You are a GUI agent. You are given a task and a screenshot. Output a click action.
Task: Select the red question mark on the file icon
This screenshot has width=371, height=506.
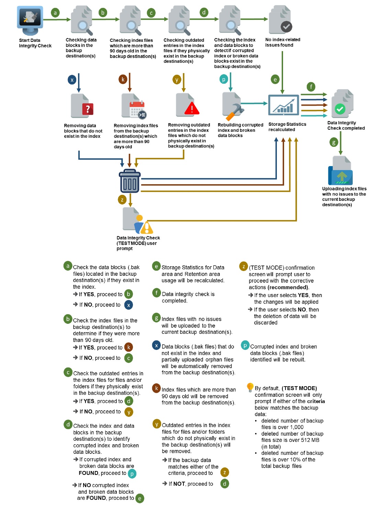coord(88,109)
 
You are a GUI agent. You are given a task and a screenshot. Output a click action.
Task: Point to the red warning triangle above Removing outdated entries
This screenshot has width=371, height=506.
coord(192,108)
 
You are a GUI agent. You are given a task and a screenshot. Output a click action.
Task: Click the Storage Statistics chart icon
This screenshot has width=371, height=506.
coord(283,105)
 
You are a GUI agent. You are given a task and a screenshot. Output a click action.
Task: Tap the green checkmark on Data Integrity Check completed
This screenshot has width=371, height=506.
coord(340,109)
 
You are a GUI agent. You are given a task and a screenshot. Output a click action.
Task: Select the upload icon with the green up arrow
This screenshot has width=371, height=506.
coord(341,176)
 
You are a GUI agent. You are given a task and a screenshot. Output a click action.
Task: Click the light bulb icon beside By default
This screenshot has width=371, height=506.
coord(250,387)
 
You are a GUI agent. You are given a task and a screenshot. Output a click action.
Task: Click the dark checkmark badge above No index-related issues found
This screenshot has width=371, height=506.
coord(286,26)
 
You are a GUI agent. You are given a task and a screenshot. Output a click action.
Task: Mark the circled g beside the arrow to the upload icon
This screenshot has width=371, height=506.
coord(333,142)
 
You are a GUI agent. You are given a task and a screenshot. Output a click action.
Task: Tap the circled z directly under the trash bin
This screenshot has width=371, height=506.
coord(122,200)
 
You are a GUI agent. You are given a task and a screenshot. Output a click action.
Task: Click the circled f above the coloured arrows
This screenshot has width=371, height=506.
coord(311,87)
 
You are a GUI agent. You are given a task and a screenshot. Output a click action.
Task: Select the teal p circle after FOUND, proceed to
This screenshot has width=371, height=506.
coord(132,474)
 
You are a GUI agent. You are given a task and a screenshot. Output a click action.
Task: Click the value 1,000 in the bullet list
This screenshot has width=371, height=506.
coord(296,427)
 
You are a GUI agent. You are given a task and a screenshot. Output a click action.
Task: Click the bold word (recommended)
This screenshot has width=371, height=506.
coord(288,287)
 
